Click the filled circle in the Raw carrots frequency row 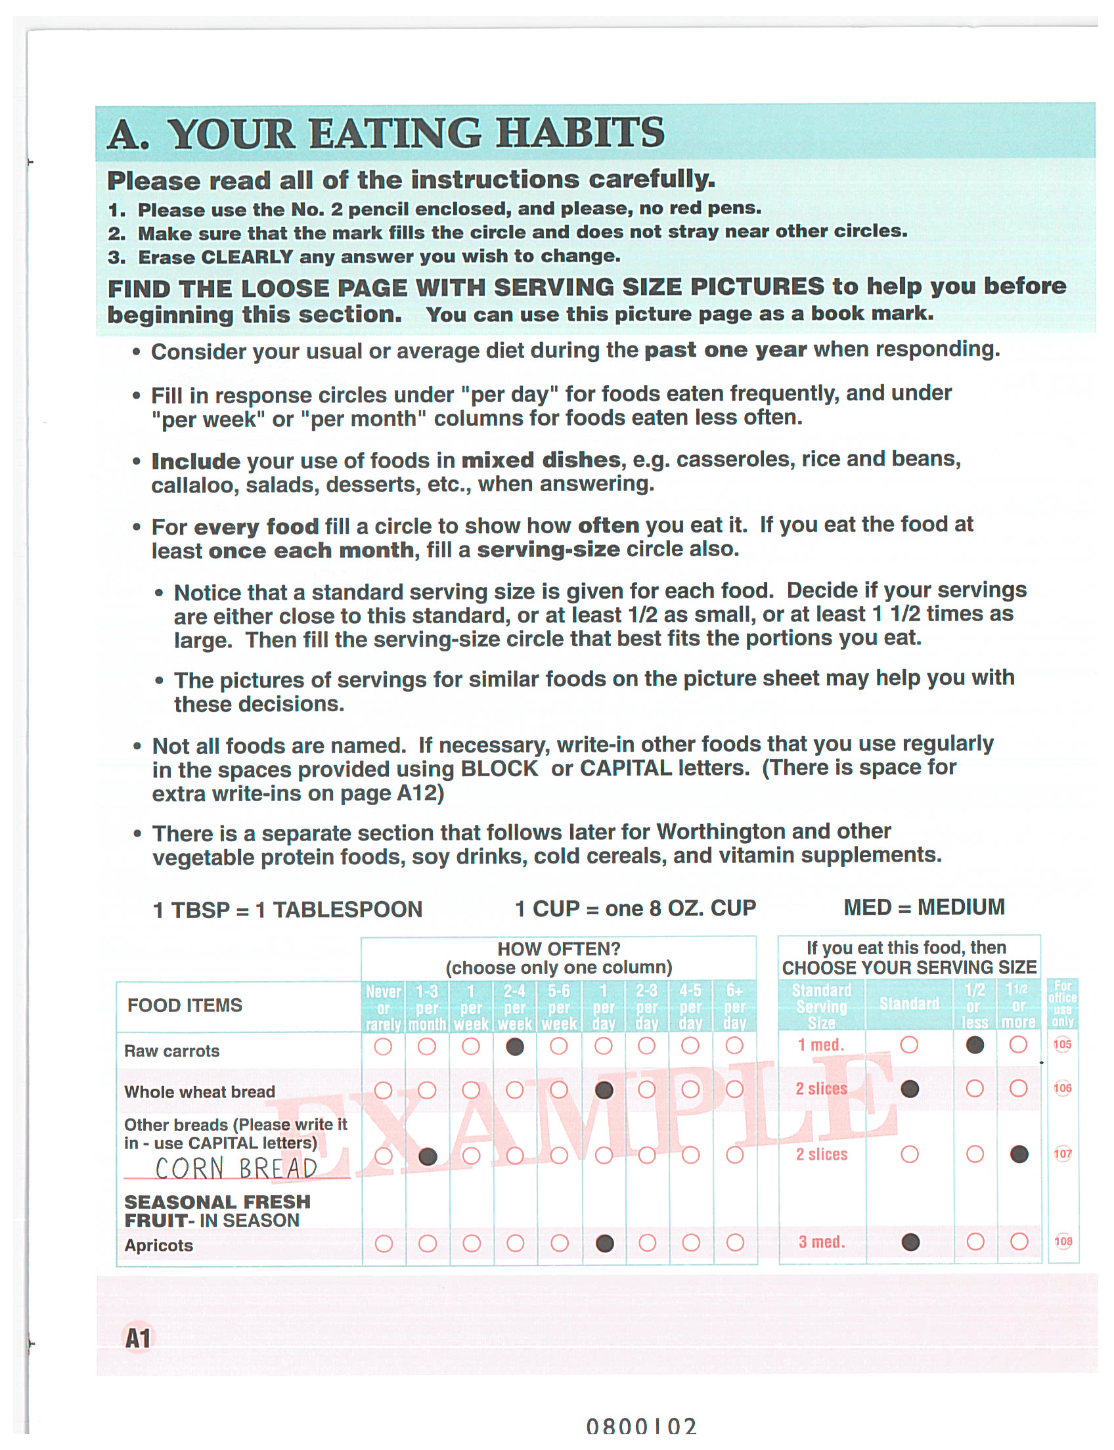(x=514, y=1046)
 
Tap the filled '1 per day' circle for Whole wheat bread (x=604, y=1090)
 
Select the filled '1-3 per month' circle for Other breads (x=428, y=1156)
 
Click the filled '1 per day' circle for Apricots (x=604, y=1243)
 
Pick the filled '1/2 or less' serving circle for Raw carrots (x=974, y=1045)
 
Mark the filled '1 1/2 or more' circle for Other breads (x=1019, y=1154)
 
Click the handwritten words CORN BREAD (x=236, y=1168)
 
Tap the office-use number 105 (x=1062, y=1045)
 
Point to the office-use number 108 (x=1063, y=1242)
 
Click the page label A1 (x=138, y=1338)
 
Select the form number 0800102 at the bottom (x=641, y=1427)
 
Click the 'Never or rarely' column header (x=384, y=1008)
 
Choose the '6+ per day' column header (x=735, y=1007)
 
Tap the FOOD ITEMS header (x=185, y=1006)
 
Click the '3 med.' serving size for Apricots (x=822, y=1242)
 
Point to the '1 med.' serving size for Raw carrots (x=821, y=1045)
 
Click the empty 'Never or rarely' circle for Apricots (x=384, y=1244)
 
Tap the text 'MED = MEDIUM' (x=924, y=907)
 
